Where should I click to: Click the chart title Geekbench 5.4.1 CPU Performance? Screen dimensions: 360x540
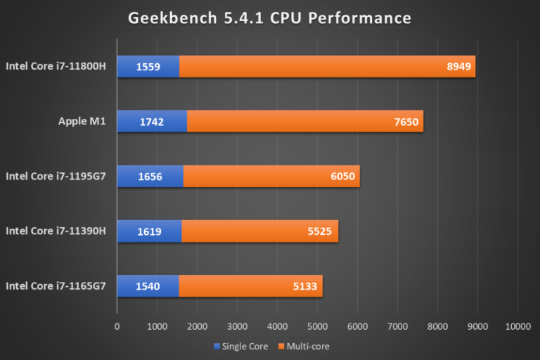coord(269,17)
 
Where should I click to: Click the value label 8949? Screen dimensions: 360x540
coord(458,67)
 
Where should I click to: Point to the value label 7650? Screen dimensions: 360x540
coord(406,122)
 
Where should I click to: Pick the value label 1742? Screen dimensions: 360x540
coord(152,122)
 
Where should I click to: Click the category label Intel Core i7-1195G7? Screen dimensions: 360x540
coord(56,176)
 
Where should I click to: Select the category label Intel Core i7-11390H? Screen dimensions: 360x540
coord(56,231)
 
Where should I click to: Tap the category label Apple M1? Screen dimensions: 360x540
coord(82,122)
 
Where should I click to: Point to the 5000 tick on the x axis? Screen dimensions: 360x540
coord(317,326)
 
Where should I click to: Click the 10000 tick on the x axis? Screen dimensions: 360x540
coord(517,326)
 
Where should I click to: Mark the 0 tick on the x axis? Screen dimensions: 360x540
coord(117,326)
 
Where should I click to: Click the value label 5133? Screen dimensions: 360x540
coord(305,285)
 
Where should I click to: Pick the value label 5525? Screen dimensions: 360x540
coord(321,231)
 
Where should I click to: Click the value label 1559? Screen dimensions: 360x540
coord(148,67)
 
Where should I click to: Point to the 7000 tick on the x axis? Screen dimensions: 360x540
coord(397,326)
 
